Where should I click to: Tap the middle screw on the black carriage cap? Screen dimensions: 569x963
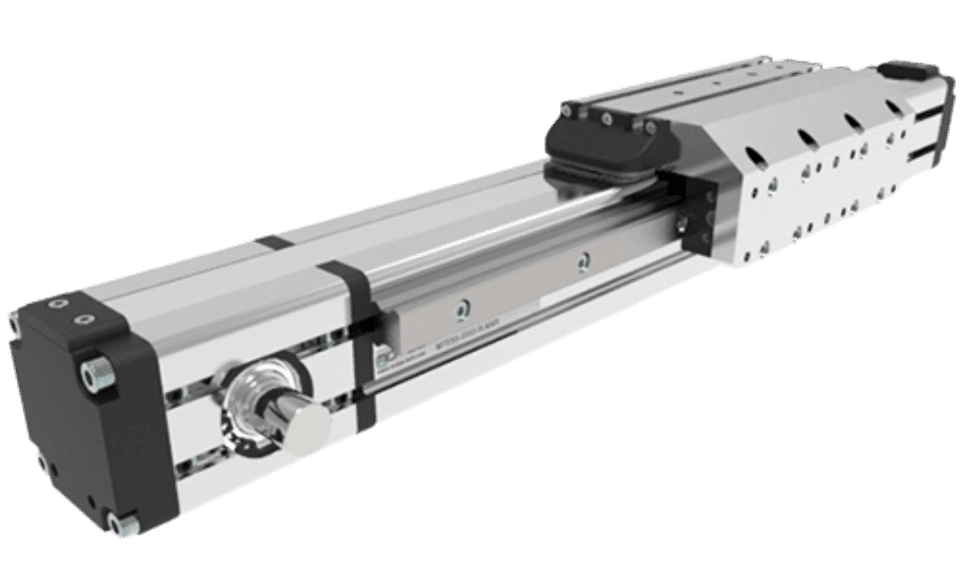coord(606,118)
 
